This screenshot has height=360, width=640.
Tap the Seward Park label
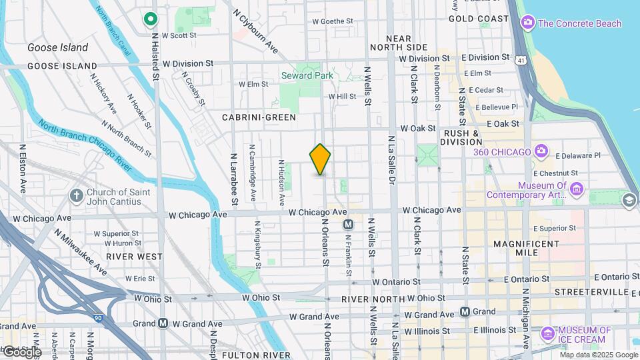click(x=307, y=75)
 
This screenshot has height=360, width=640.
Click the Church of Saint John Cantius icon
click(x=77, y=195)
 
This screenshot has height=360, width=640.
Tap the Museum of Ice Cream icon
click(x=547, y=332)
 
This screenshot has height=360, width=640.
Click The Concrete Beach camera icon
click(x=528, y=23)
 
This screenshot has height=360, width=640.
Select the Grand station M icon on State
click(x=465, y=311)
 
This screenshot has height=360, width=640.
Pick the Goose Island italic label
click(x=58, y=48)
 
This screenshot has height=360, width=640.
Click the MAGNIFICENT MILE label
click(x=526, y=248)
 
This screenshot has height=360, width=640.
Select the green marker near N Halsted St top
click(x=151, y=19)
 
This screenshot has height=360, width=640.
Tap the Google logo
click(x=21, y=351)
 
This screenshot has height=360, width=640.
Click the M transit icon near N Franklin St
click(x=348, y=225)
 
